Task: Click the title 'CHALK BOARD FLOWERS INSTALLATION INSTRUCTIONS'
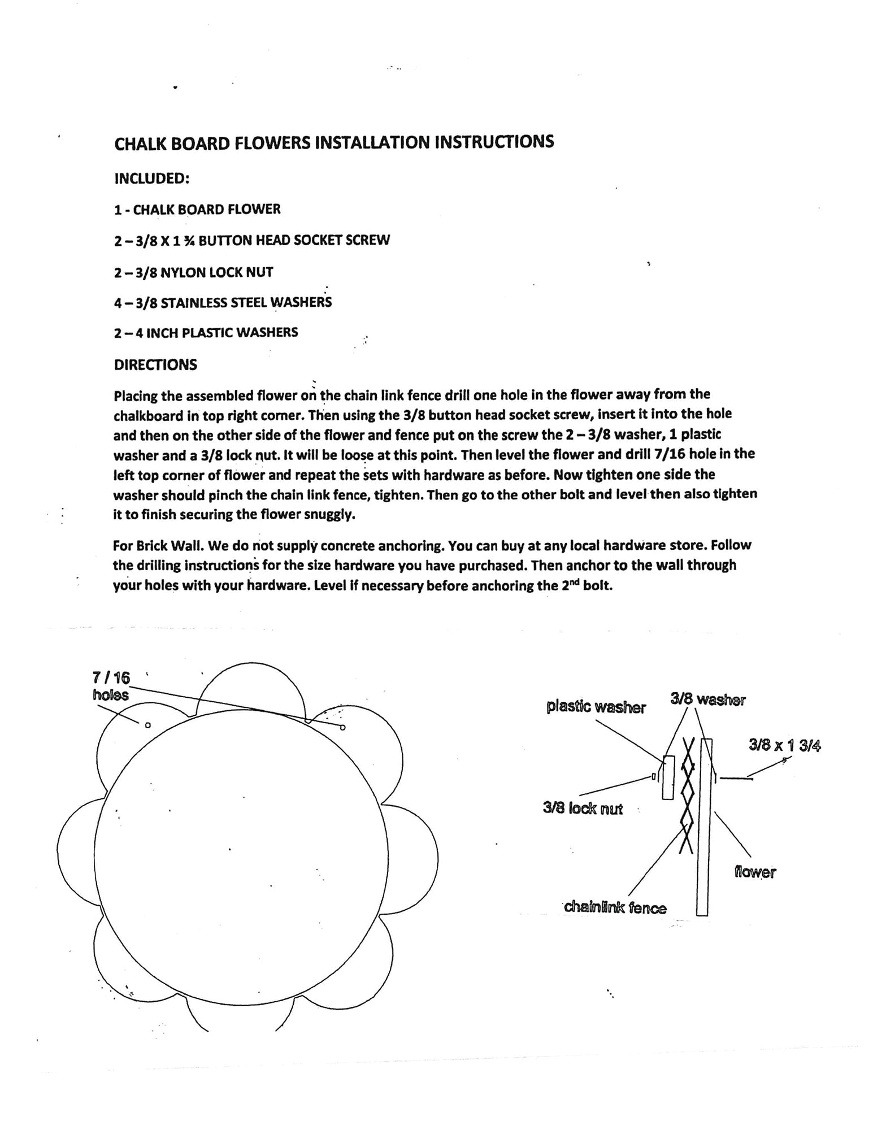[334, 142]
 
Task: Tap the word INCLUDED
[151, 178]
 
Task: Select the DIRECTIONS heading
[155, 365]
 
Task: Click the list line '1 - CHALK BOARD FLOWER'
[197, 210]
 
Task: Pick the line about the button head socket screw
[251, 240]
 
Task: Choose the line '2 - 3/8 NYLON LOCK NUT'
[193, 272]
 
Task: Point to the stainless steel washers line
[223, 303]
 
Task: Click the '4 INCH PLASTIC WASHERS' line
[206, 333]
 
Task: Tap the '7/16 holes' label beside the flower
[111, 685]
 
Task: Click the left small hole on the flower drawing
[148, 725]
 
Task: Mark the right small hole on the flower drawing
[342, 727]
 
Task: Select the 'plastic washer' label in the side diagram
[596, 707]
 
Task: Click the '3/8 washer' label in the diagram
[707, 700]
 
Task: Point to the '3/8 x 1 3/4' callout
[784, 746]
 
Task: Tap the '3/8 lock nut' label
[583, 809]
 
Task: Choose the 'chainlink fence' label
[615, 908]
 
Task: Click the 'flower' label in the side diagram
[755, 872]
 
